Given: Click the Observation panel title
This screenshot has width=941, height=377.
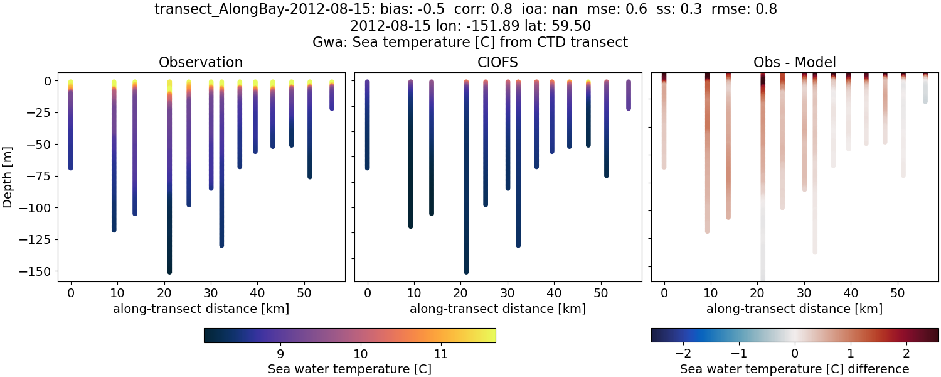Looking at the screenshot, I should tap(201, 62).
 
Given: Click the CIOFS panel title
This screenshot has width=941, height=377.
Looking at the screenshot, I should tap(497, 62).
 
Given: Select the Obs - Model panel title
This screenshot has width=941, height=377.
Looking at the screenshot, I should tap(794, 62).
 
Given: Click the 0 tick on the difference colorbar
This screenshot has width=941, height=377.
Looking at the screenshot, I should tap(795, 352).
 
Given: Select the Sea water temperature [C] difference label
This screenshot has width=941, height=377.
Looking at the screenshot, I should tap(794, 369).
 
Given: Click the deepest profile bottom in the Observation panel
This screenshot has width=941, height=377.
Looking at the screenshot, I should tap(169, 270).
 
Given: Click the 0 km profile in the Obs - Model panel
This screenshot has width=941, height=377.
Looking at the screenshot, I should tap(664, 126).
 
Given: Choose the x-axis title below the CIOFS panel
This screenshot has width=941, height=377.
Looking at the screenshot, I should tap(497, 309).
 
